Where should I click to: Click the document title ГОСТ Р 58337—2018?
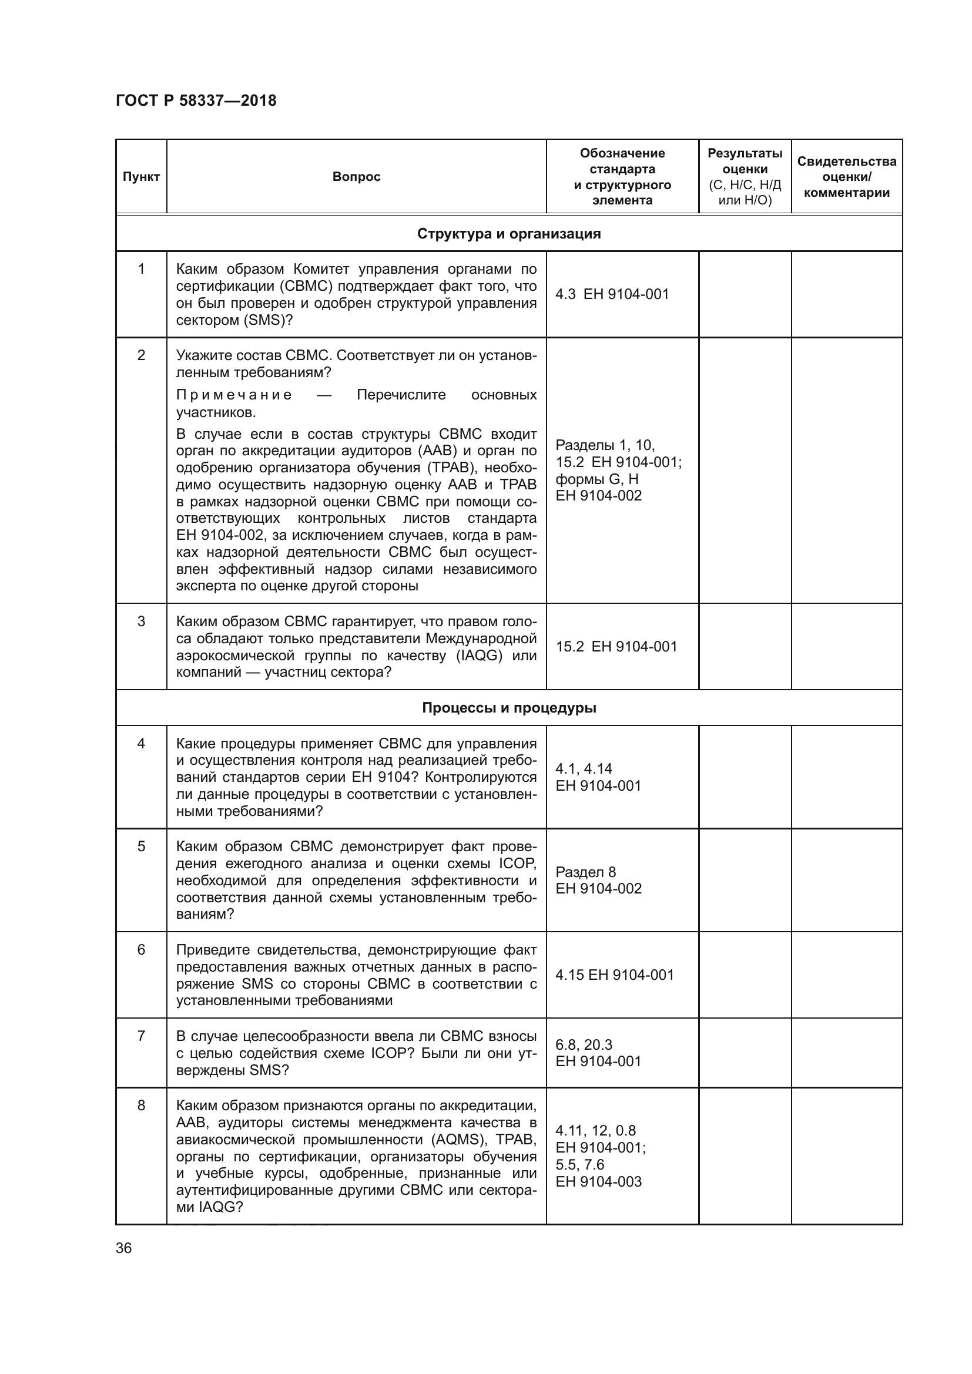196,100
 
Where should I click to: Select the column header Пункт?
141,177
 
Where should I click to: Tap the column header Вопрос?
356,177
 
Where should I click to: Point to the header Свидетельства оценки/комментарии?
846,177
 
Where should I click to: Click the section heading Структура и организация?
509,233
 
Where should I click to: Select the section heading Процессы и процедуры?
509,708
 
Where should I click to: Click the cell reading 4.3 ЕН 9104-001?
612,294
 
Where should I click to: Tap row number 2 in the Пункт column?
141,355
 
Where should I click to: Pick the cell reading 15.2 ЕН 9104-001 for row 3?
616,646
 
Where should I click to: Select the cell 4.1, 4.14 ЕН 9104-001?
598,777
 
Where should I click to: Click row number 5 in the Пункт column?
141,846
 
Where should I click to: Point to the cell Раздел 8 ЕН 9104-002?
598,881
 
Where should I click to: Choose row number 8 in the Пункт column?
141,1106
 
